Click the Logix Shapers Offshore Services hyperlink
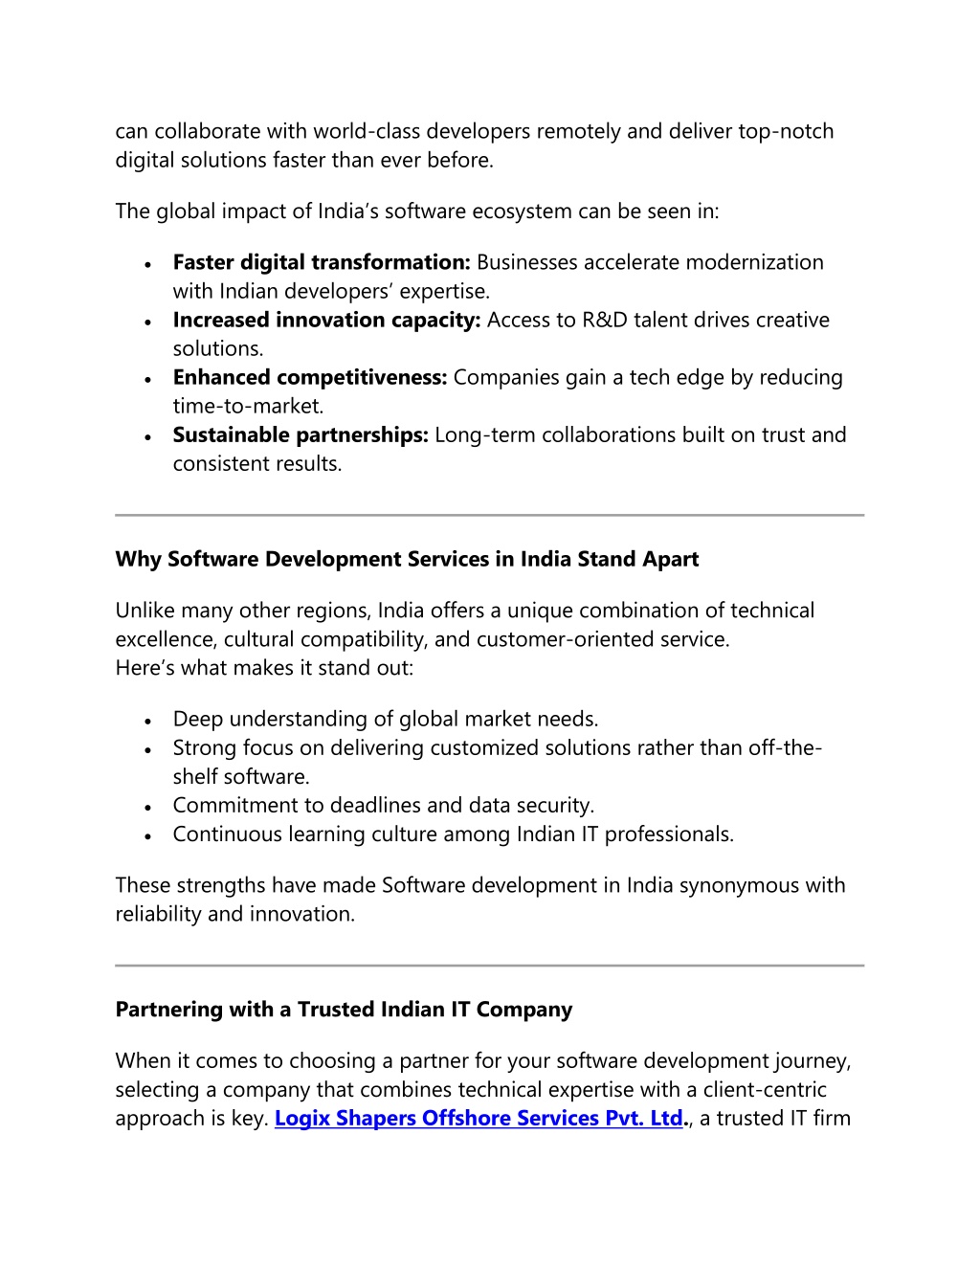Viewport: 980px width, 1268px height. click(479, 1119)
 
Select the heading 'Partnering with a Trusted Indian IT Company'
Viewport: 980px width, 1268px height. click(344, 1010)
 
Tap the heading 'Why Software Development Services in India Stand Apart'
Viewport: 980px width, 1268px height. click(407, 560)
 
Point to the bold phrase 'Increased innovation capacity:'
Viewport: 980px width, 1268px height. click(326, 321)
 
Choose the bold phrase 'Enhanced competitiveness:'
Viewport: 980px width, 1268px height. click(310, 378)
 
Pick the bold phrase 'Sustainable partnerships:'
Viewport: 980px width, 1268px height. click(301, 435)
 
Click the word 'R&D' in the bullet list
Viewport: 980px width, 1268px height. click(604, 321)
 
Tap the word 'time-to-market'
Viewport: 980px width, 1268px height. click(247, 407)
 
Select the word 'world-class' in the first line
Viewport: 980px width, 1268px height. click(367, 132)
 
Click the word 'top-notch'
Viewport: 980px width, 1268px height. click(786, 132)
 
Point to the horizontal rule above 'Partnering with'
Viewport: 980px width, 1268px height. click(489, 966)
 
